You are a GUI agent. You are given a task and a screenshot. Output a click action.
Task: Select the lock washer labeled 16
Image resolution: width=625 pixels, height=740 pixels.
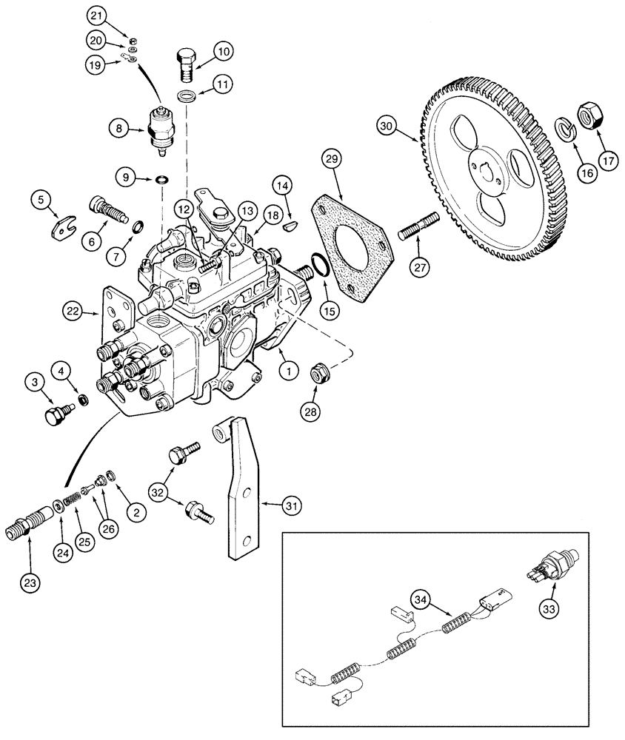point(565,131)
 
